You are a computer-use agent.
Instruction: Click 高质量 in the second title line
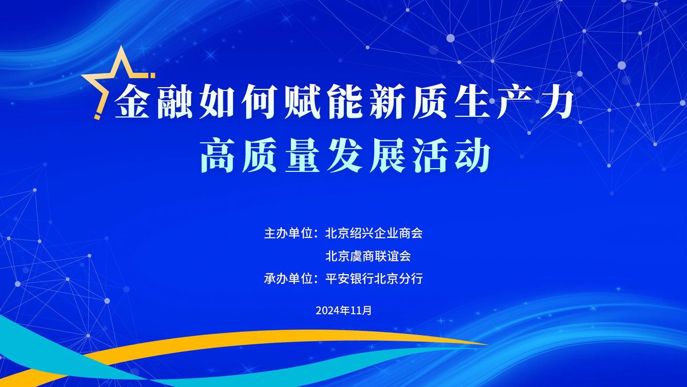(260, 156)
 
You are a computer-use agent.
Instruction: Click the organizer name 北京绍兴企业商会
(374, 233)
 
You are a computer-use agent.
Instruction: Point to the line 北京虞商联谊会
(368, 256)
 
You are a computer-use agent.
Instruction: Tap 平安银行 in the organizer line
(349, 279)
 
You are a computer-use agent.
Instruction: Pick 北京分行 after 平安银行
(398, 279)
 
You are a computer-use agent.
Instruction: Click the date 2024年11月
(343, 310)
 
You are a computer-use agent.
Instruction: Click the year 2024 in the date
(327, 311)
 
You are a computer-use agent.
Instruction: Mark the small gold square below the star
(97, 117)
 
